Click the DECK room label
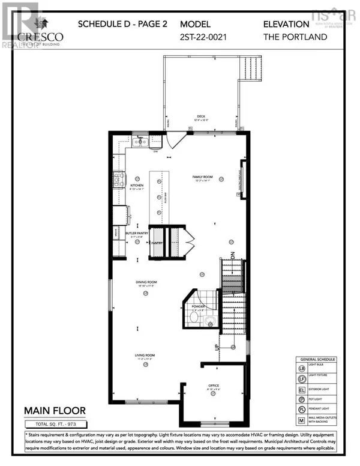tap(196, 118)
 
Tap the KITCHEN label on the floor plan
tap(137, 186)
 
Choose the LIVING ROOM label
tap(145, 356)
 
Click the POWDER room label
tap(198, 307)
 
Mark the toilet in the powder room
tap(209, 321)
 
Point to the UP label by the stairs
tap(217, 348)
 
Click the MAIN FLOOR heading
tap(55, 411)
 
